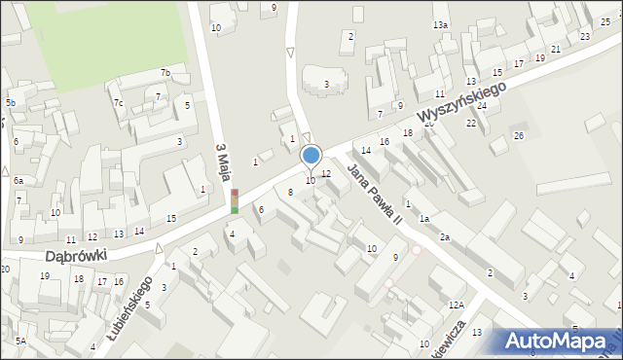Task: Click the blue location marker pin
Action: pyautogui.click(x=311, y=155)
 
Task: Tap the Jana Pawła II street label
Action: pyautogui.click(x=376, y=193)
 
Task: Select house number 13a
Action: pyautogui.click(x=441, y=24)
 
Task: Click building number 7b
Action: pyautogui.click(x=165, y=73)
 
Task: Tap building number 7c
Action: pyautogui.click(x=118, y=102)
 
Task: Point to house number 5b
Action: pyautogui.click(x=11, y=102)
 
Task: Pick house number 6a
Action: pyautogui.click(x=18, y=181)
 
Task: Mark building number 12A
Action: pyautogui.click(x=457, y=305)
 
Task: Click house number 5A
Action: pyautogui.click(x=20, y=342)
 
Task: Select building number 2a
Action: pyautogui.click(x=444, y=237)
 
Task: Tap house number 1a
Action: pyautogui.click(x=424, y=219)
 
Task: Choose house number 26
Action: pyautogui.click(x=519, y=134)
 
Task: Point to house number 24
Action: pyautogui.click(x=481, y=105)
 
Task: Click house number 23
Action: pyautogui.click(x=584, y=36)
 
